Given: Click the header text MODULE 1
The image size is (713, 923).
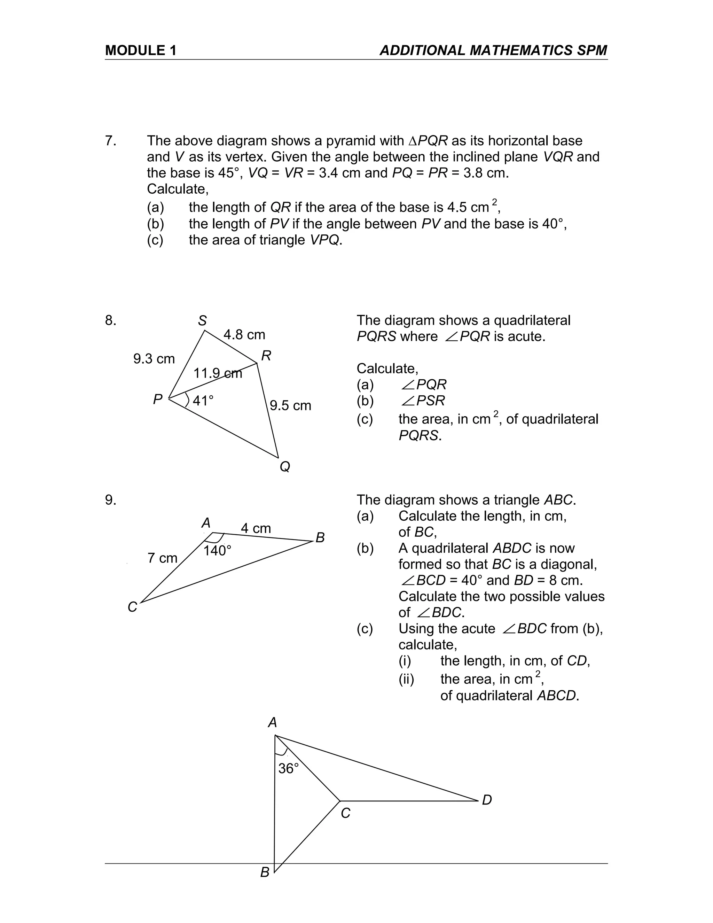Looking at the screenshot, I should (x=141, y=50).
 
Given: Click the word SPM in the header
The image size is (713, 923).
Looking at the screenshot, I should (x=591, y=50).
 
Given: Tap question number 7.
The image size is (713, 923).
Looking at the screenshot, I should (x=110, y=141).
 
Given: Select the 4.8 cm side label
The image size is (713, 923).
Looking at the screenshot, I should (x=244, y=335).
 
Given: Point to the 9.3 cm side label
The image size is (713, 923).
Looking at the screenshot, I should (x=154, y=359).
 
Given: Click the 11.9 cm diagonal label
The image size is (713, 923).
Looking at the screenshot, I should (x=218, y=373).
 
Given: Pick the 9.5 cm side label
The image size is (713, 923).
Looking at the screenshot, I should (x=290, y=406).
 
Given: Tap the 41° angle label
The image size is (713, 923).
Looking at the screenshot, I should (x=203, y=401).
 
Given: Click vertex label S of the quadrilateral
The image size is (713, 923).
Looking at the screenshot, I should (x=202, y=321).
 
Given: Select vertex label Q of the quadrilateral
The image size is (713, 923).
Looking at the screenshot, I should (x=285, y=467).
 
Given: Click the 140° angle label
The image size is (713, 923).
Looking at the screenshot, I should (x=217, y=551).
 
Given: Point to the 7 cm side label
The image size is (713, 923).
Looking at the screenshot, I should (x=162, y=558).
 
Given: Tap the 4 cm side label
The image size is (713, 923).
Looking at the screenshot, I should (x=256, y=528).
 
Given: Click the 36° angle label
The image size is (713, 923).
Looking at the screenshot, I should (x=289, y=768).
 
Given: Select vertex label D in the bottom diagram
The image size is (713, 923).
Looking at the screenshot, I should (x=487, y=800).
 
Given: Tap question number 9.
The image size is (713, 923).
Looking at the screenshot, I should (x=110, y=500).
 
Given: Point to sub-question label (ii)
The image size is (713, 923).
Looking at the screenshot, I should (x=406, y=679).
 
